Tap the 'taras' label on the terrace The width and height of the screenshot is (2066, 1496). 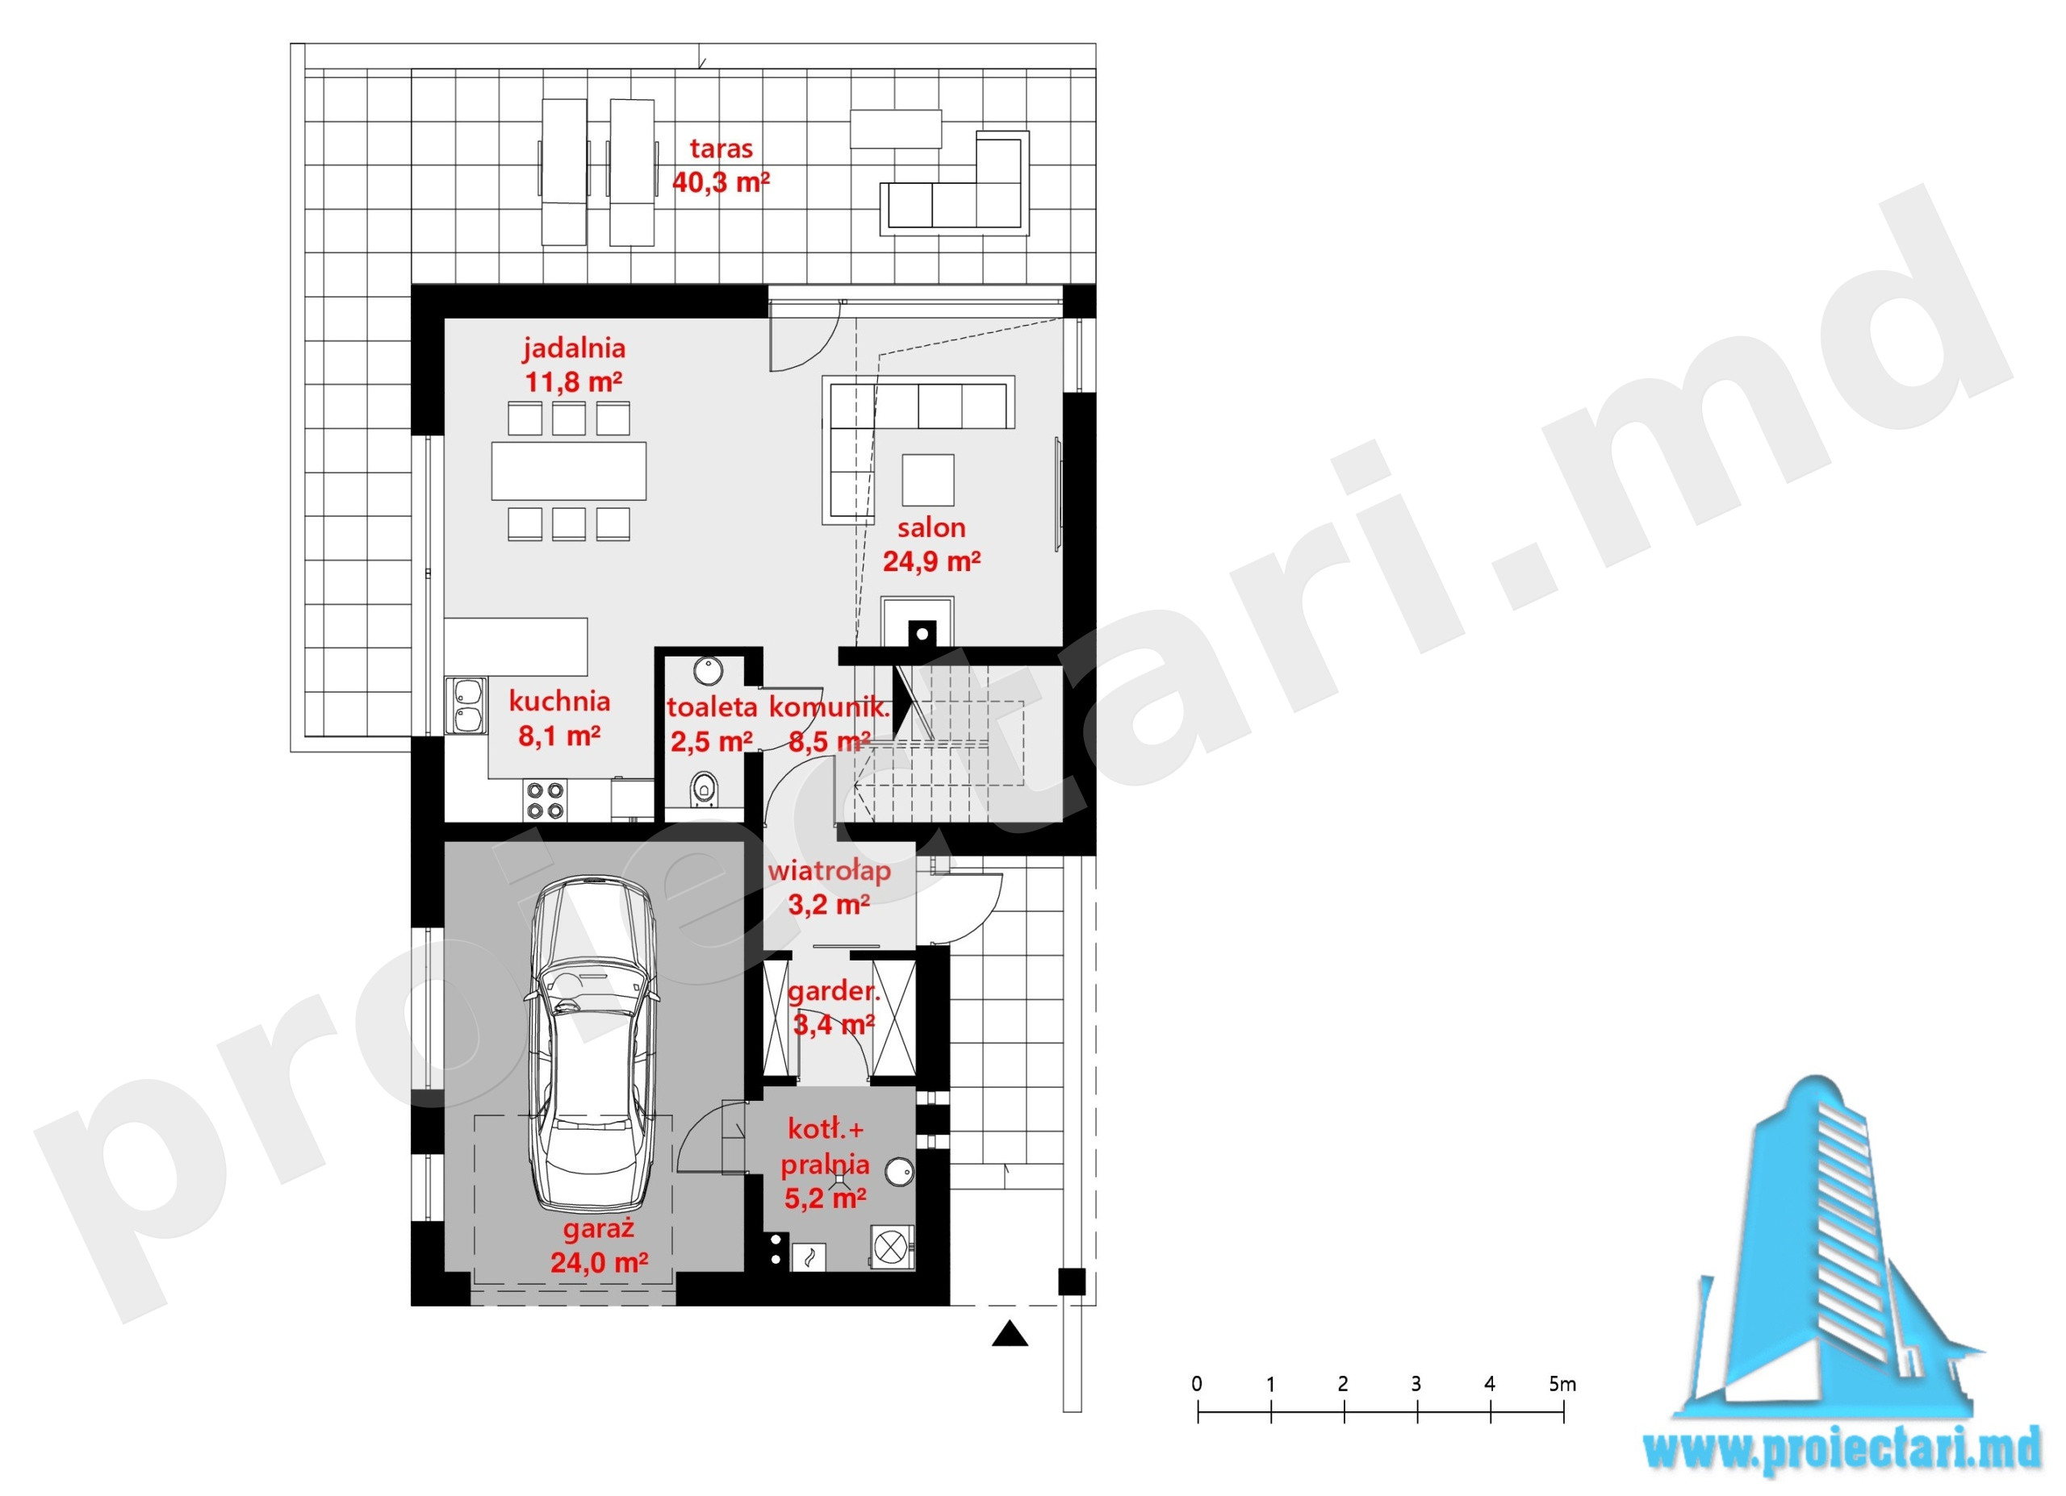[x=721, y=148]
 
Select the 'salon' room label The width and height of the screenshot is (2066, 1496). [x=931, y=527]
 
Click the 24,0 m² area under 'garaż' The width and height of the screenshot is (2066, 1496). [x=600, y=1263]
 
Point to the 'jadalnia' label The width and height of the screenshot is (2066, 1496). [x=574, y=348]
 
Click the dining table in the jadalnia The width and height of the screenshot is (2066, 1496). [x=569, y=471]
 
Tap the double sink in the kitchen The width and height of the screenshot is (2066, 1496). [x=466, y=706]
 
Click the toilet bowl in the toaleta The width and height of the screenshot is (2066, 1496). [x=703, y=790]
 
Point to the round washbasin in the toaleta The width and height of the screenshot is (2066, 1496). [x=708, y=671]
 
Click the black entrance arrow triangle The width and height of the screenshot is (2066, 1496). [x=1010, y=1334]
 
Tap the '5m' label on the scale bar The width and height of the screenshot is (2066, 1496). [x=1562, y=1384]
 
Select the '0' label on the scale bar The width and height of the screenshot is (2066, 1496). [x=1197, y=1384]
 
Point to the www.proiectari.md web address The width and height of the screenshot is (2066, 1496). [x=1842, y=1452]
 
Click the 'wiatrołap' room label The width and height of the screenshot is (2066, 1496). [x=829, y=871]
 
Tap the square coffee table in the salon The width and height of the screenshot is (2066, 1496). [x=928, y=480]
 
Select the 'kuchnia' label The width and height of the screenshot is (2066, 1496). [x=559, y=701]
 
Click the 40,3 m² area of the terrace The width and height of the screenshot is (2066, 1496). [x=721, y=182]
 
